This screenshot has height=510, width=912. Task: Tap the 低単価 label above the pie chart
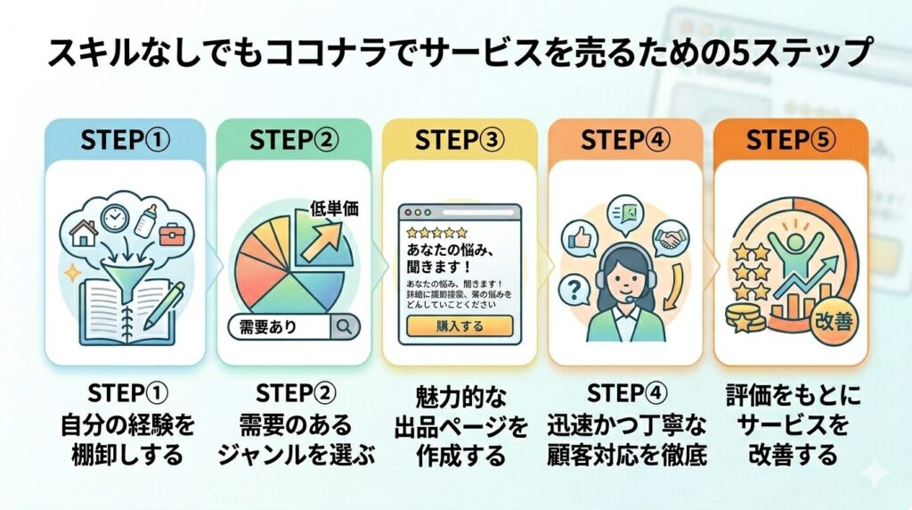coord(333,210)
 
